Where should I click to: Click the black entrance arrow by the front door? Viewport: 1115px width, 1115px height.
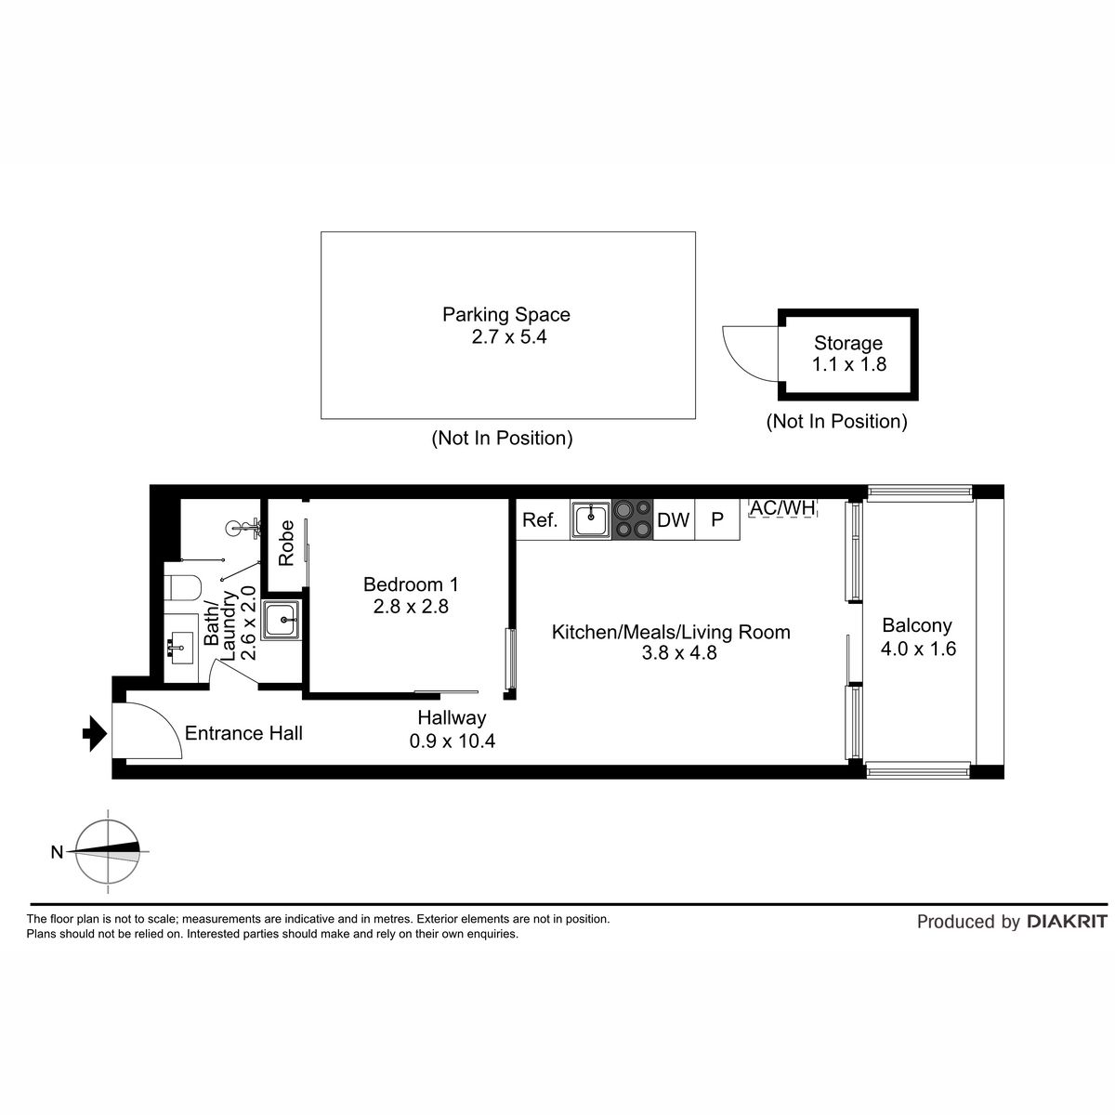coord(95,733)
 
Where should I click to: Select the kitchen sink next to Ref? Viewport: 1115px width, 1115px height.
coord(591,519)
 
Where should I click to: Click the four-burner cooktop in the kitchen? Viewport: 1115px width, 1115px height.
coord(633,519)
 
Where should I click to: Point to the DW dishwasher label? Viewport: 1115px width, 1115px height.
coord(673,520)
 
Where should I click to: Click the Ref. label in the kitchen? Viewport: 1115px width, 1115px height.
coord(540,520)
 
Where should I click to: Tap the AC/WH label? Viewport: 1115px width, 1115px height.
coord(782,507)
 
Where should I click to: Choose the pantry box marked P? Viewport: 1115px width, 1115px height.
coord(717,519)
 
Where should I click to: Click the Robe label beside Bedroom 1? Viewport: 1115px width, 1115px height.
coord(286,543)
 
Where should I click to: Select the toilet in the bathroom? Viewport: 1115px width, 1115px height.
coord(182,587)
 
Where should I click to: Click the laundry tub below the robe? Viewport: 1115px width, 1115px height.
coord(281,620)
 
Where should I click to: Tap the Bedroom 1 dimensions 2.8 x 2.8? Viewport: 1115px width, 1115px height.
coord(411,607)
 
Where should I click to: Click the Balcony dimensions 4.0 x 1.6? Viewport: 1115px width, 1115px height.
coord(918,649)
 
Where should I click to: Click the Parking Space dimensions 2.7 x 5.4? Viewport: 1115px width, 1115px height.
coord(508,336)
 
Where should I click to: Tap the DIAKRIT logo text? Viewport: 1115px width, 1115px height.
coord(1067,921)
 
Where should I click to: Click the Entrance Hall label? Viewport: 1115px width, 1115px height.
coord(243,733)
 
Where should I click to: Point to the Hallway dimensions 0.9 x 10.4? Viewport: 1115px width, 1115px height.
coord(452,741)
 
